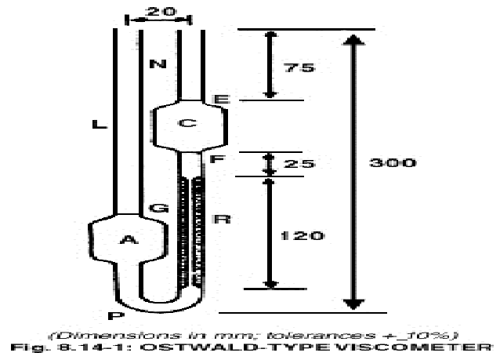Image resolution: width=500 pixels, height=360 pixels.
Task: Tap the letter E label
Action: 220,100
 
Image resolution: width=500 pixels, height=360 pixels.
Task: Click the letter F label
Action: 220,158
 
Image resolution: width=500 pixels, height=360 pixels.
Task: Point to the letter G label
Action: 158,209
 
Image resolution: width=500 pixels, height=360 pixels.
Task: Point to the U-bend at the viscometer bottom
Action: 157,303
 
